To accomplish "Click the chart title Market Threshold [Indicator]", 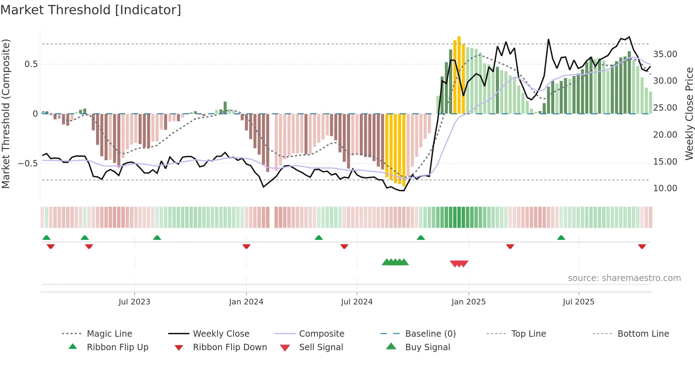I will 91,10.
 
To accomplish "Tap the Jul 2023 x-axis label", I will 134,302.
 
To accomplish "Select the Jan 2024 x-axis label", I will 246,302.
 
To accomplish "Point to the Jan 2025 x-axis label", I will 468,302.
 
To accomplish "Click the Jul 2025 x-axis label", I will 578,302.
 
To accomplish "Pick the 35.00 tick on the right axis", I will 665,54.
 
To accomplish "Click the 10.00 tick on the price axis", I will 665,188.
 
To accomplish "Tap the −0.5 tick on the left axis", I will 28,164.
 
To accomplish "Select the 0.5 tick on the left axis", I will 31,64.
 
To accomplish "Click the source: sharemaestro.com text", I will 624,278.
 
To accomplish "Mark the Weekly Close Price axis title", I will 689,114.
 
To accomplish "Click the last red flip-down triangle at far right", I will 642,246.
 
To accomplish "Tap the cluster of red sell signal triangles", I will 459,264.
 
